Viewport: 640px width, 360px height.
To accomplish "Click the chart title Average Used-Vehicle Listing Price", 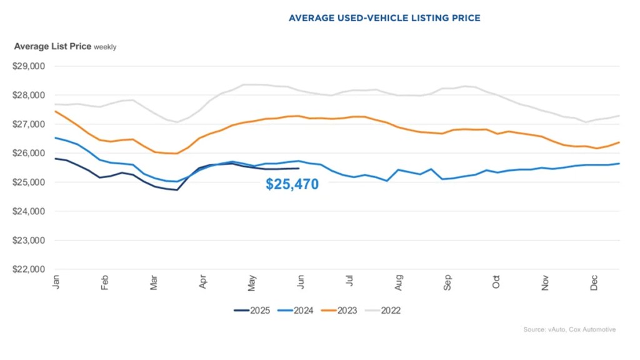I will click(384, 18).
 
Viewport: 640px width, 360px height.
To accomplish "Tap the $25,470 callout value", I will click(292, 184).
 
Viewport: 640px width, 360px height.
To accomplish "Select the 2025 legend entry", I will click(252, 310).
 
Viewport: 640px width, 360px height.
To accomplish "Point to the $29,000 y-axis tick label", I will click(29, 66).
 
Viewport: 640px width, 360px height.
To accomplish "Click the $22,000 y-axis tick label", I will click(29, 269).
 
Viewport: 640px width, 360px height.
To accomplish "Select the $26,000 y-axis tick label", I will click(29, 153).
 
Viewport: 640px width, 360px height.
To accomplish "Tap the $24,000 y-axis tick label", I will click(29, 211).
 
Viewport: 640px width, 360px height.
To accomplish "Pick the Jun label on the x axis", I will click(301, 282).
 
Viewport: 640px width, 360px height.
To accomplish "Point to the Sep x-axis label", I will click(447, 282).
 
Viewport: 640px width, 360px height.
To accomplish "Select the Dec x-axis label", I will click(594, 282).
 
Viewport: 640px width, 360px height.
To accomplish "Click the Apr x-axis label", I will click(203, 282).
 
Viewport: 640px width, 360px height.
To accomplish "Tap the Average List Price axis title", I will click(52, 46).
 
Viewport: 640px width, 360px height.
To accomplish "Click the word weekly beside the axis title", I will click(105, 47).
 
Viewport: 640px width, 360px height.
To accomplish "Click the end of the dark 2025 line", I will click(299, 168).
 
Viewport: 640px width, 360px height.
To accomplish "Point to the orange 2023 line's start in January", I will click(56, 111).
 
